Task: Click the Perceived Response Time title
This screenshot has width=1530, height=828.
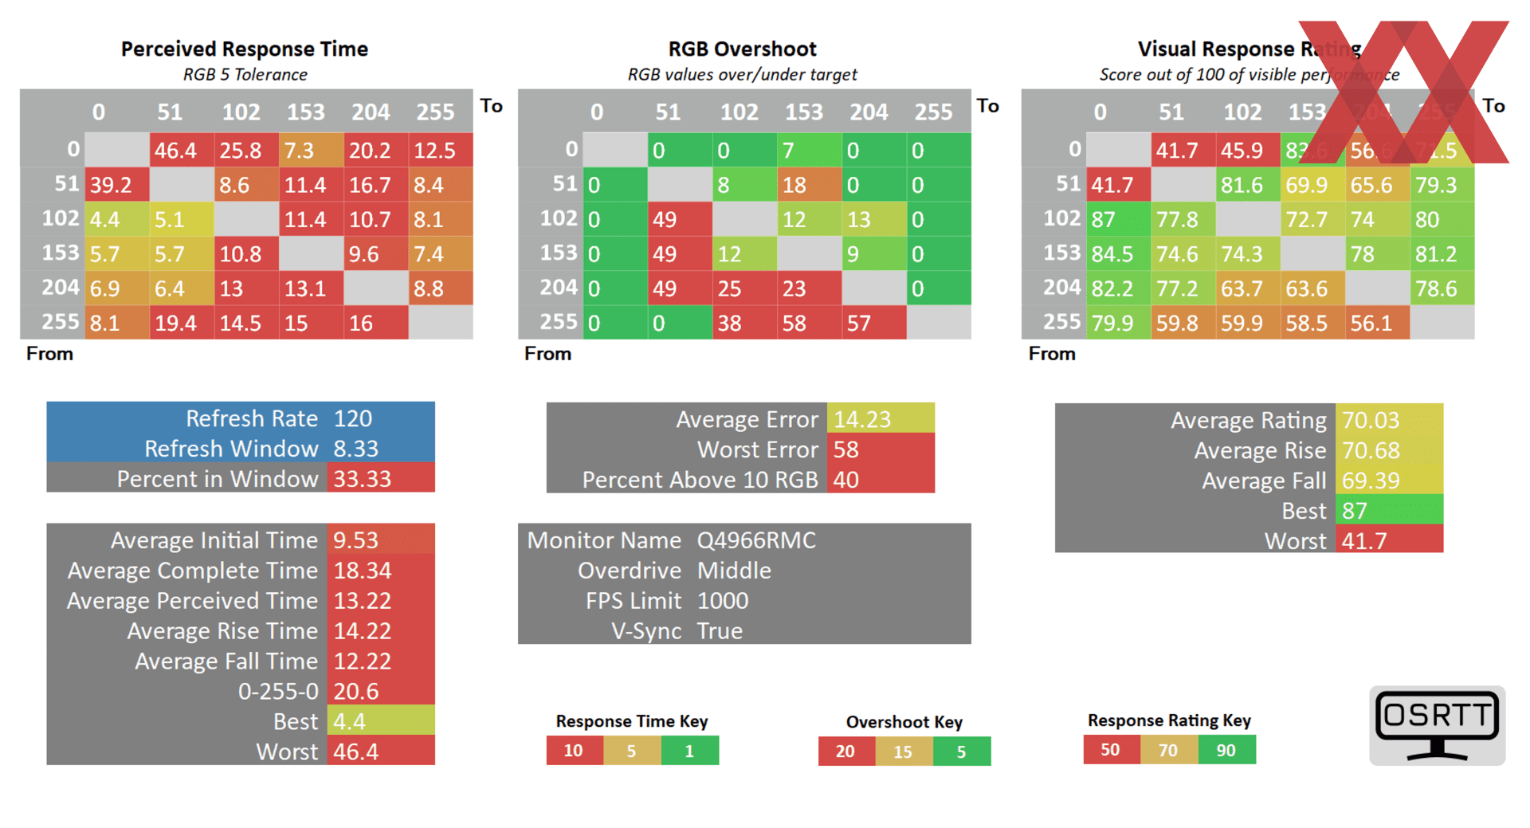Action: tap(244, 49)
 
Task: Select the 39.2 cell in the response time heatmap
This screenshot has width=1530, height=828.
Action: tap(116, 185)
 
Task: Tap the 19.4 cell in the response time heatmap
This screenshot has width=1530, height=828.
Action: tap(182, 323)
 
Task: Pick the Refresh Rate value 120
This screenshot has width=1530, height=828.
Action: tap(353, 418)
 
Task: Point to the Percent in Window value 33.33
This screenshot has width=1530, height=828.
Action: tap(363, 479)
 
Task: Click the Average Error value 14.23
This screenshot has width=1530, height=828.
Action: tap(863, 419)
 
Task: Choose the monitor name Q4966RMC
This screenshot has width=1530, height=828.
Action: tap(756, 540)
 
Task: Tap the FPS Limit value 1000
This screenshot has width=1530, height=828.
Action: tap(723, 601)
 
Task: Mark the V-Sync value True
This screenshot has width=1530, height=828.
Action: tap(720, 631)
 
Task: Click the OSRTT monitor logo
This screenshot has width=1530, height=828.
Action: tap(1437, 725)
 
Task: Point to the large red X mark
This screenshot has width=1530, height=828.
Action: tap(1404, 92)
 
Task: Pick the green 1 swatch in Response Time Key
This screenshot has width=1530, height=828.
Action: tap(690, 751)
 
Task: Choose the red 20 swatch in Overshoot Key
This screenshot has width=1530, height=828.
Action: tap(846, 751)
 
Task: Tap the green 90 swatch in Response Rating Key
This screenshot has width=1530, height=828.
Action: tap(1226, 750)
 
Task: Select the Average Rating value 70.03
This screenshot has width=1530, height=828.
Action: tap(1371, 420)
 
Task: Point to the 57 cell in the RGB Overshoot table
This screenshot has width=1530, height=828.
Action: tap(873, 323)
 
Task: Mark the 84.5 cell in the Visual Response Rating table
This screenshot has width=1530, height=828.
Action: tap(1118, 254)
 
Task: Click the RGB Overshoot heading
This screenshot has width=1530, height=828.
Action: tap(742, 49)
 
